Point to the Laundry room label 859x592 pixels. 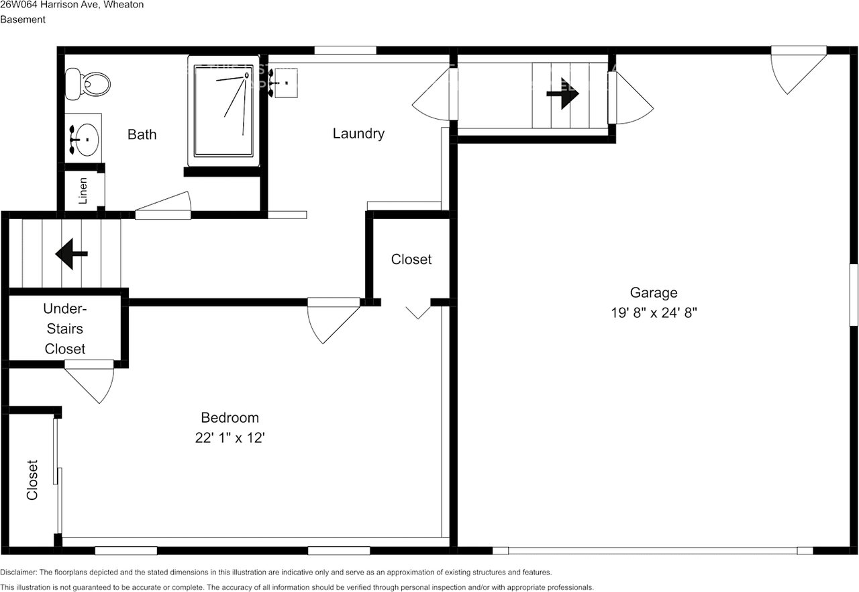click(x=358, y=134)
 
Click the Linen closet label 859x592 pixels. click(x=83, y=190)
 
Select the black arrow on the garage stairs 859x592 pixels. click(x=562, y=96)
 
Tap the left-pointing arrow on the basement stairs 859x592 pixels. click(x=70, y=254)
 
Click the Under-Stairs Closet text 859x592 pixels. click(x=64, y=329)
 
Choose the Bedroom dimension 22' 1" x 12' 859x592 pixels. click(x=230, y=437)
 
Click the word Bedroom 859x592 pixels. click(x=230, y=417)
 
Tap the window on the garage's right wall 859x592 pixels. click(x=853, y=295)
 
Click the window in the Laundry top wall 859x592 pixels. click(x=345, y=50)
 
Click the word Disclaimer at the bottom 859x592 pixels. click(x=19, y=573)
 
